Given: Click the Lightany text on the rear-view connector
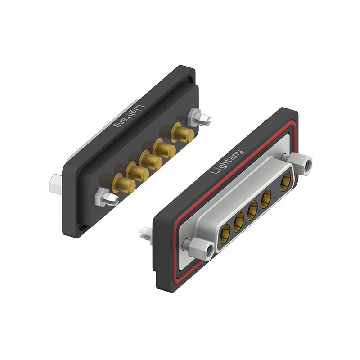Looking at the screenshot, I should click(128, 116).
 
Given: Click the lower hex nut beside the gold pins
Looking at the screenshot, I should click(107, 197).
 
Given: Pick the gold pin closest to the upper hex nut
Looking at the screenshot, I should click(183, 134).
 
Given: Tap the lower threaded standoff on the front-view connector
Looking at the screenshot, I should click(201, 249).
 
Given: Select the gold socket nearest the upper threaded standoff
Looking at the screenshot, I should click(285, 184).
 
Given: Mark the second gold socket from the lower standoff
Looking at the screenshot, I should click(238, 221).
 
